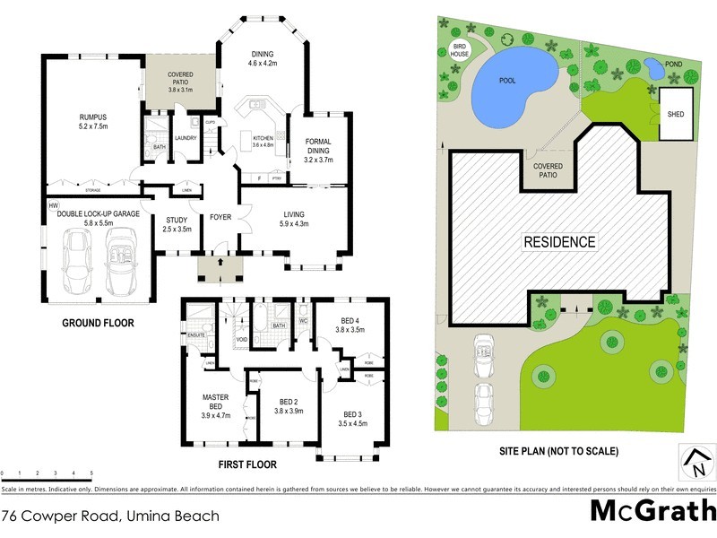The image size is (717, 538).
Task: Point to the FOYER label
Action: [x=220, y=216]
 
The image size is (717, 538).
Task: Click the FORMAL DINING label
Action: [x=318, y=150]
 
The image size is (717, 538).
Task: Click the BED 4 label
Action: [x=350, y=325]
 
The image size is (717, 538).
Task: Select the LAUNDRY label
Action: [x=186, y=137]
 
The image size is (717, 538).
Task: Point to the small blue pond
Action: [x=653, y=67]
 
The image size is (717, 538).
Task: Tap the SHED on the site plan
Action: [x=675, y=114]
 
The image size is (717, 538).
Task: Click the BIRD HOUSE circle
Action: [x=461, y=49]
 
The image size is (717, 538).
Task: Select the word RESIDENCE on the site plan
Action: [x=558, y=241]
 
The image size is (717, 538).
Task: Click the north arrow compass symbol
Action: [x=696, y=462]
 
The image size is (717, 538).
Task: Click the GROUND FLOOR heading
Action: [x=99, y=323]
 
